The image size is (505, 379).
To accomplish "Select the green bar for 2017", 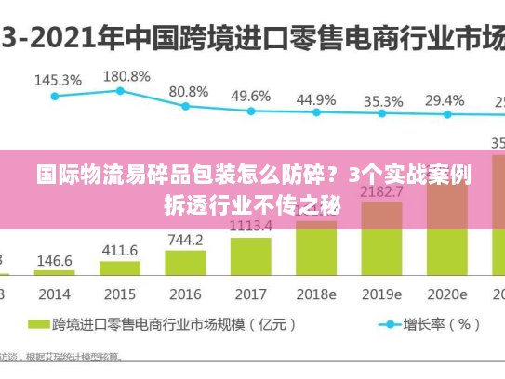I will click(x=250, y=255).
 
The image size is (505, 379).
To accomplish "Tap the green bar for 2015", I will click(x=119, y=268).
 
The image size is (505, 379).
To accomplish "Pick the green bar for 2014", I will click(x=54, y=272).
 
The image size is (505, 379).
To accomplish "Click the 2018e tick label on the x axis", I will click(x=316, y=294).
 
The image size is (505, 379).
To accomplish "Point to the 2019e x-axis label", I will click(x=381, y=294).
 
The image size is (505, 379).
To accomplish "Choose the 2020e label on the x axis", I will click(x=445, y=294).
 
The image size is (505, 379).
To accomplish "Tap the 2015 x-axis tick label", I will click(x=119, y=294).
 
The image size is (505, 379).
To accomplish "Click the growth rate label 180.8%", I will click(x=126, y=76).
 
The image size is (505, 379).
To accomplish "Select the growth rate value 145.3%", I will click(x=58, y=80).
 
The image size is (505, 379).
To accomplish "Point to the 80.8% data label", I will click(x=188, y=92).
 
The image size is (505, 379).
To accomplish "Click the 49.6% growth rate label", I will click(x=250, y=96).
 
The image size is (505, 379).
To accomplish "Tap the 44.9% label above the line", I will click(x=316, y=99).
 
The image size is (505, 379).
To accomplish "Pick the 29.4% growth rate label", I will click(x=445, y=100).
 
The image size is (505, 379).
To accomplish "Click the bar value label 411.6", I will click(x=119, y=250).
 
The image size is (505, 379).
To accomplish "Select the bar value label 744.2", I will click(x=185, y=240).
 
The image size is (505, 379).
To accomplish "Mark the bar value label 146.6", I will click(x=54, y=261).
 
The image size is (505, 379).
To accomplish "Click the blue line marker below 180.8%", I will click(x=120, y=90).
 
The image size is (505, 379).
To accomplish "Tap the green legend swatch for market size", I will click(x=38, y=325).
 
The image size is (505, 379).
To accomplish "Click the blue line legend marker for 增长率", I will click(x=383, y=325).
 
